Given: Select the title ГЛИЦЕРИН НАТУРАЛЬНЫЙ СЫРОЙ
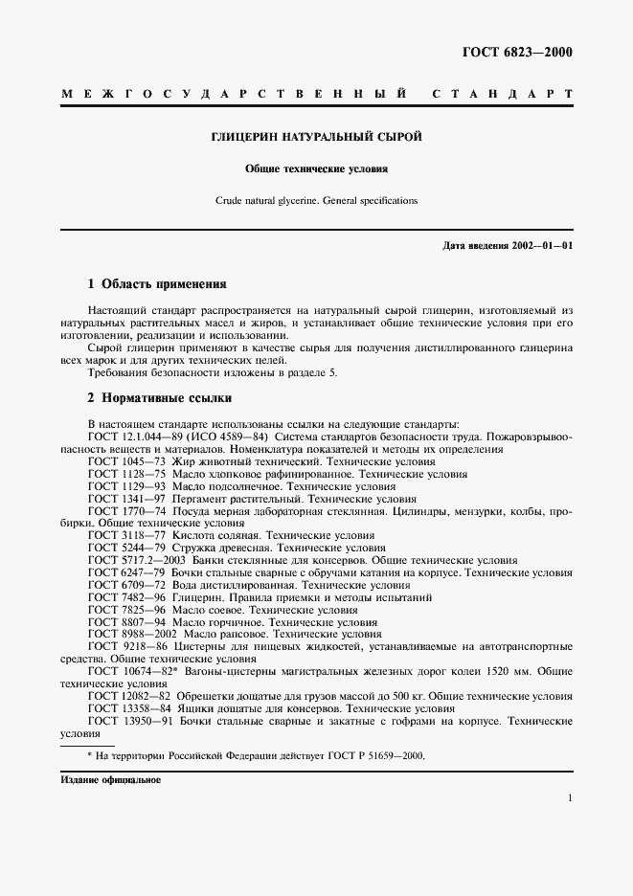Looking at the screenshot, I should point(316,137).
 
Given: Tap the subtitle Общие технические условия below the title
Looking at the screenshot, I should point(316,168).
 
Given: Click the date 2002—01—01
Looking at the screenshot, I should point(540,246).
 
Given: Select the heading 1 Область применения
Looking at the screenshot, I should point(157,284).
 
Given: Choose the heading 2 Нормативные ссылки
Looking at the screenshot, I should point(158,397).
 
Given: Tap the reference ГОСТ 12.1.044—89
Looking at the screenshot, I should point(139,436).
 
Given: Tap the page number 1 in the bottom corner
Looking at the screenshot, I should point(569,797).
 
